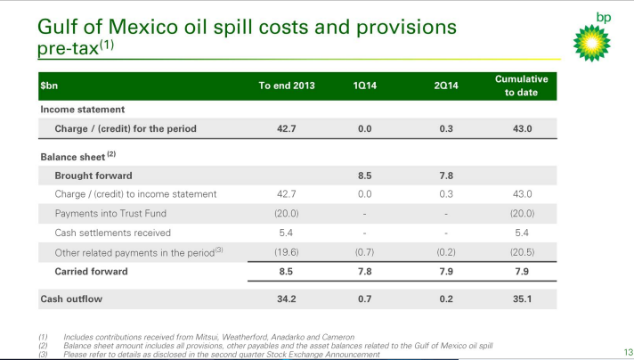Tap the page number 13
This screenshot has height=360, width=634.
[627, 350]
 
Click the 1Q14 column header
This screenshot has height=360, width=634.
[364, 86]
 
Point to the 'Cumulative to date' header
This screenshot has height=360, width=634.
[521, 86]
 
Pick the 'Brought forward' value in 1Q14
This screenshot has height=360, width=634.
[364, 175]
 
